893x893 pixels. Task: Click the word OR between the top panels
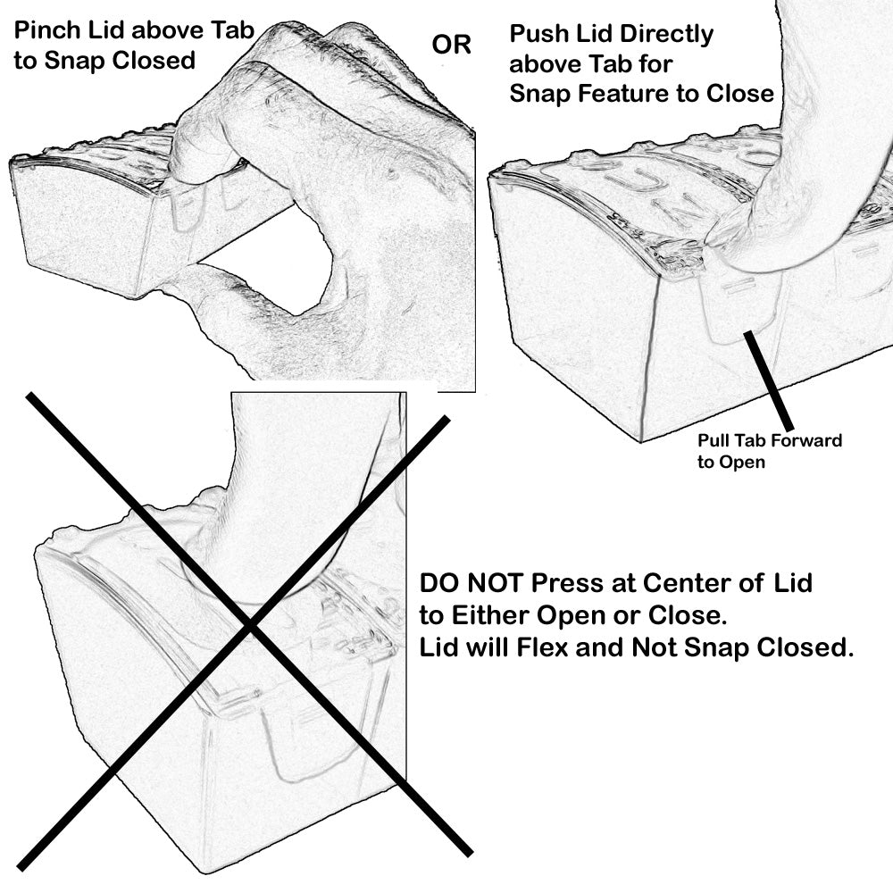(x=451, y=46)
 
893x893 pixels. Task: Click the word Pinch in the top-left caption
(x=45, y=34)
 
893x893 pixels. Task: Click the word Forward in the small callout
(x=808, y=441)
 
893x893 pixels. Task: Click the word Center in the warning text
(x=693, y=585)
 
